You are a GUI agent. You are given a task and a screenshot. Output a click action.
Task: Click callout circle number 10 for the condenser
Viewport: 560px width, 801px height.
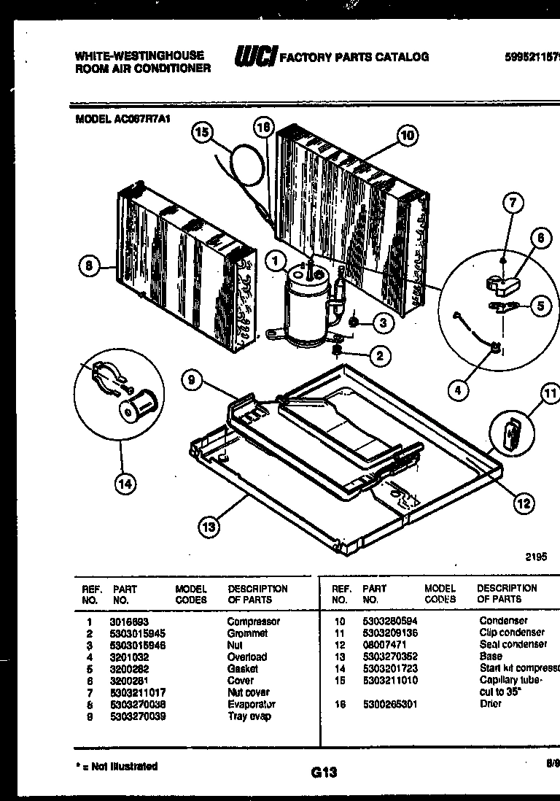pyautogui.click(x=407, y=134)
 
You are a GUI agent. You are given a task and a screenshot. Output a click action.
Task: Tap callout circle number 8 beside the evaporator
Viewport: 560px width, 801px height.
pyautogui.click(x=89, y=268)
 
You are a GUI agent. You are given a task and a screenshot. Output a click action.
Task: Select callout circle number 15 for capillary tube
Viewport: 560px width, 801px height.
pyautogui.click(x=204, y=132)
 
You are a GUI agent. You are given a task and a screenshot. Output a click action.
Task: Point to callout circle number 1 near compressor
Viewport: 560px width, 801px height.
pyautogui.click(x=276, y=258)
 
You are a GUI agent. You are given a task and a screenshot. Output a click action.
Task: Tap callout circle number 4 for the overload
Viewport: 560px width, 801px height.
pyautogui.click(x=458, y=391)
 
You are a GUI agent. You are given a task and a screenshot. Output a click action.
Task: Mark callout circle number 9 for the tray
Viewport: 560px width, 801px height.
pyautogui.click(x=192, y=379)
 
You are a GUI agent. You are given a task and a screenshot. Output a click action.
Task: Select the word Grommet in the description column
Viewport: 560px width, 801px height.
pyautogui.click(x=247, y=633)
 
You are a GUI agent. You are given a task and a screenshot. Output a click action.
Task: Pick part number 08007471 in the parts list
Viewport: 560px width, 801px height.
pyautogui.click(x=384, y=645)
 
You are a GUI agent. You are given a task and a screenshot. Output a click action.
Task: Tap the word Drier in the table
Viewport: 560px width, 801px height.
pyautogui.click(x=491, y=704)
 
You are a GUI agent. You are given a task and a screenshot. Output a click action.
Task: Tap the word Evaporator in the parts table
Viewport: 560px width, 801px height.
pyautogui.click(x=251, y=704)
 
